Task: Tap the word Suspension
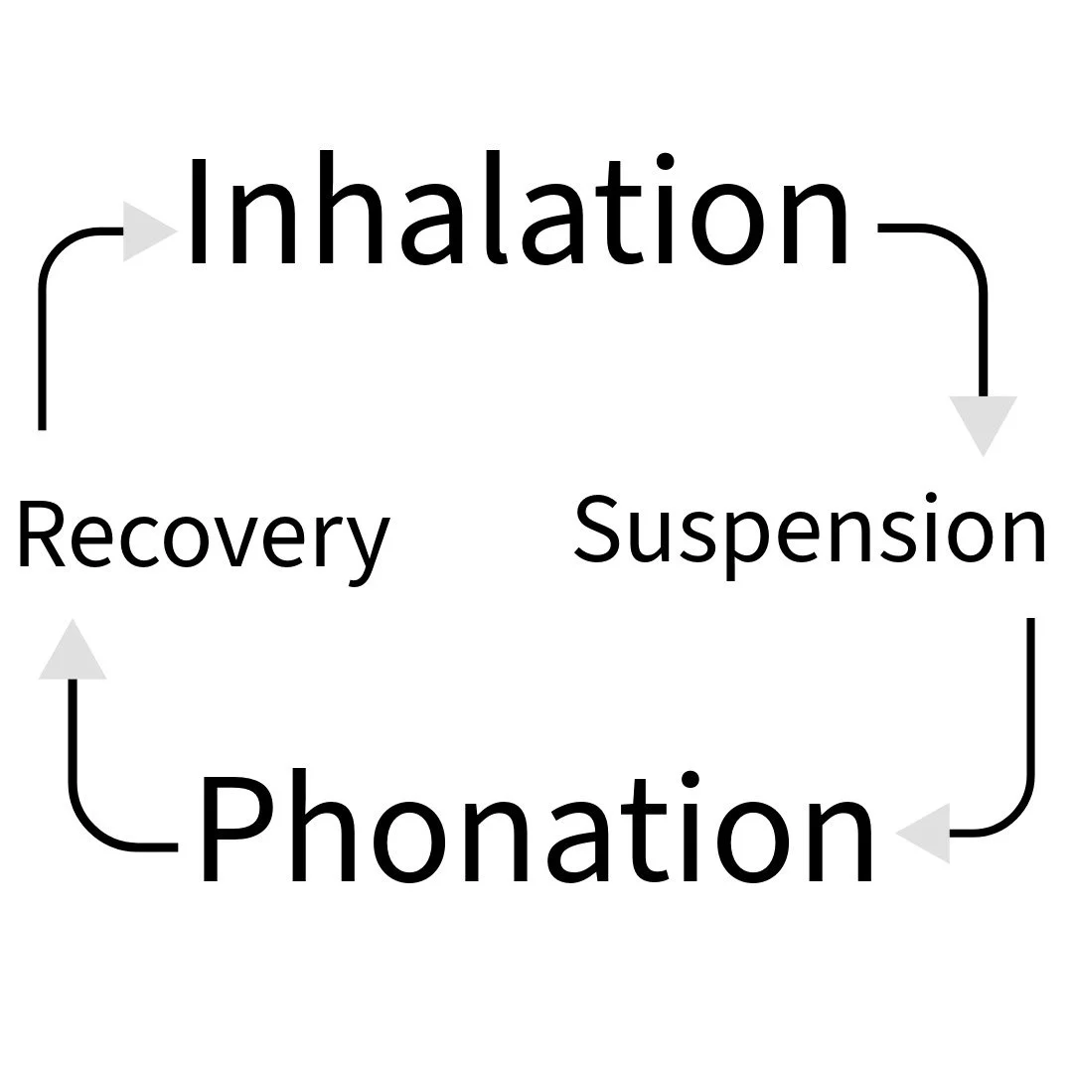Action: [x=810, y=531]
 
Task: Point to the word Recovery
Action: [x=204, y=536]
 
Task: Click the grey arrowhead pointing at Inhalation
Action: [x=146, y=231]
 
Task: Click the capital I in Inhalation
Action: [x=199, y=211]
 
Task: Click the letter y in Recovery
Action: [x=366, y=546]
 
